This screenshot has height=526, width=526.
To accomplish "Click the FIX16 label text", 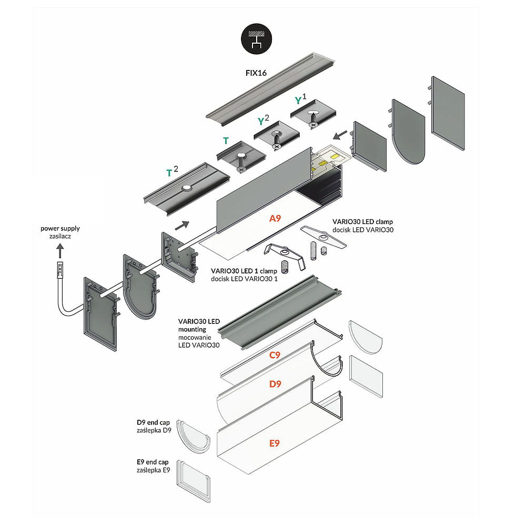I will [x=257, y=73].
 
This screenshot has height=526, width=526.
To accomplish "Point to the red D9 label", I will [x=275, y=384].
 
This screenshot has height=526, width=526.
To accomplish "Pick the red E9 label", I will [x=274, y=443].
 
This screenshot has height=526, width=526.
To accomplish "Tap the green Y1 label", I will [x=300, y=99].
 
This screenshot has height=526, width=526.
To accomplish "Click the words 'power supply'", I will [x=60, y=229].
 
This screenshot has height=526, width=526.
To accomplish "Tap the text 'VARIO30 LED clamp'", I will [x=362, y=221].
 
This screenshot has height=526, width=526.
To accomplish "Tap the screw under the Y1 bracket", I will [x=314, y=121].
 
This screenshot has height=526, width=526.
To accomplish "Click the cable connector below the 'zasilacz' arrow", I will [x=60, y=269].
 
